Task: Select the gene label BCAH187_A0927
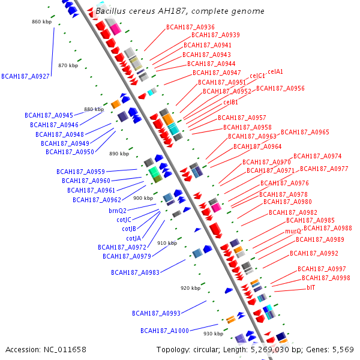pos(26,76)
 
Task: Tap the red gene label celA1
pos(275,72)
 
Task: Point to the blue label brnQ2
pos(118,211)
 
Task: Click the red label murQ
pos(293,231)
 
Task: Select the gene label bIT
pos(311,288)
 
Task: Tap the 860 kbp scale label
pos(42,22)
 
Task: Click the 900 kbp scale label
pos(143,198)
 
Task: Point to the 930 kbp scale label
pos(213,334)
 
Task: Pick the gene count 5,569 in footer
pos(343,349)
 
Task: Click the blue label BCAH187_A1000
pos(164,331)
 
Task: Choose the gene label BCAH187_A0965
pos(305,132)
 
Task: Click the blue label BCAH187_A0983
pos(135,272)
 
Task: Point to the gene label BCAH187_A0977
pos(324,169)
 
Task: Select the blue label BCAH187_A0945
pos(49,115)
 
